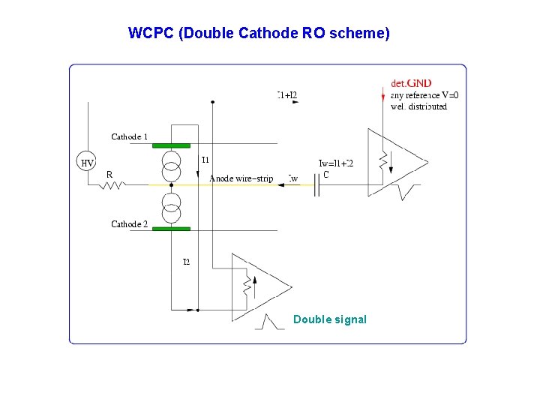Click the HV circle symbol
[88, 163]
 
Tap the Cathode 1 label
[129, 136]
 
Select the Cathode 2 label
[129, 224]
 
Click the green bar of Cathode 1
[171, 145]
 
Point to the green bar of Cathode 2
[171, 229]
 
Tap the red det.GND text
[411, 83]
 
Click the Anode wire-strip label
[241, 178]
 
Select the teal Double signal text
[330, 319]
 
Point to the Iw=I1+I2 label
[335, 163]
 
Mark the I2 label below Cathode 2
[186, 262]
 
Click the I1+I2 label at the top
[287, 94]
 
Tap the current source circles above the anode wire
[172, 165]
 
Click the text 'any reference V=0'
[424, 95]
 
